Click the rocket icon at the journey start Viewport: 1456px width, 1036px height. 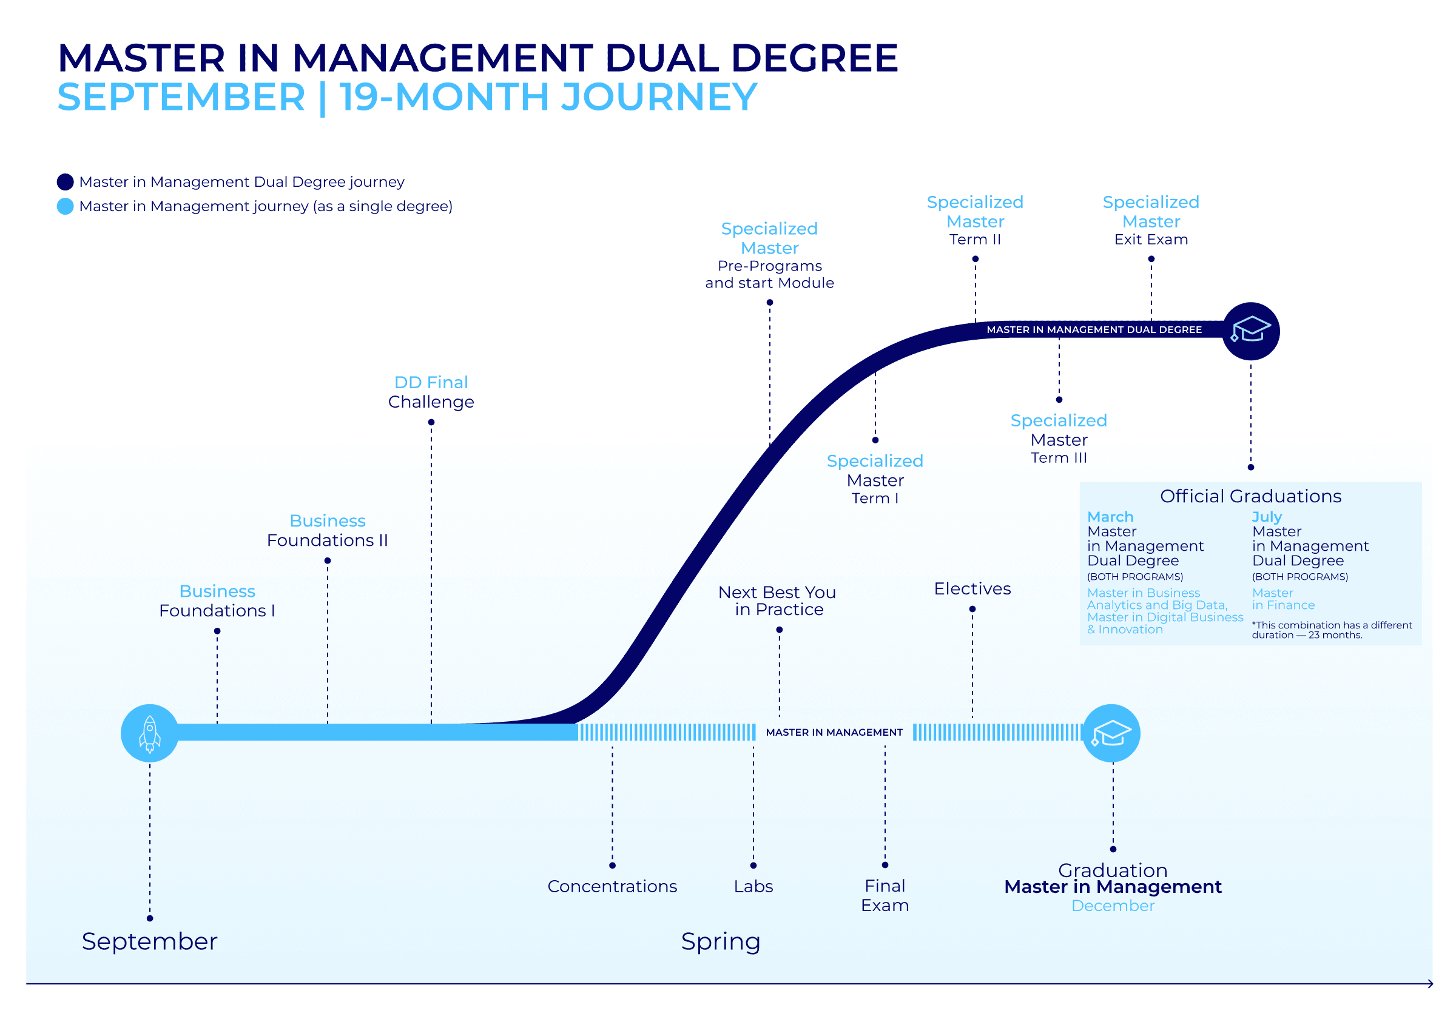(149, 733)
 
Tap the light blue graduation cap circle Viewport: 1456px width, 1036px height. (1111, 733)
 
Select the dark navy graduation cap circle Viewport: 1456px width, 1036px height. (1250, 331)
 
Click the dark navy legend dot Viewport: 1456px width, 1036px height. (65, 182)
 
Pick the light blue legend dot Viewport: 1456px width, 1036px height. (65, 206)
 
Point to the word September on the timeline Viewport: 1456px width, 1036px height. (149, 941)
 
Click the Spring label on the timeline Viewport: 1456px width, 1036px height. (720, 941)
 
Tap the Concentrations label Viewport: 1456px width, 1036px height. (612, 886)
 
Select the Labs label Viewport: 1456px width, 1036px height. (753, 886)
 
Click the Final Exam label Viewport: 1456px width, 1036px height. (885, 895)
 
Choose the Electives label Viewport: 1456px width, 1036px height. (972, 588)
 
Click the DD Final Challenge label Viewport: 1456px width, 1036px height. (431, 392)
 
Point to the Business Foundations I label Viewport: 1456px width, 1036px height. (217, 600)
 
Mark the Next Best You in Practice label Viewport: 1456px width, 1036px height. (777, 600)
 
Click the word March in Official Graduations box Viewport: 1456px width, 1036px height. (1110, 516)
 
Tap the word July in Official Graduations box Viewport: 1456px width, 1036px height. (1266, 516)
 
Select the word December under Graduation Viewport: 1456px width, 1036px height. (1112, 905)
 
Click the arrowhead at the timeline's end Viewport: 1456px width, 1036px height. (1430, 984)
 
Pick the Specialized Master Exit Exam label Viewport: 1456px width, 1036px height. (1150, 221)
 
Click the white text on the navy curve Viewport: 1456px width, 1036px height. (1094, 330)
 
